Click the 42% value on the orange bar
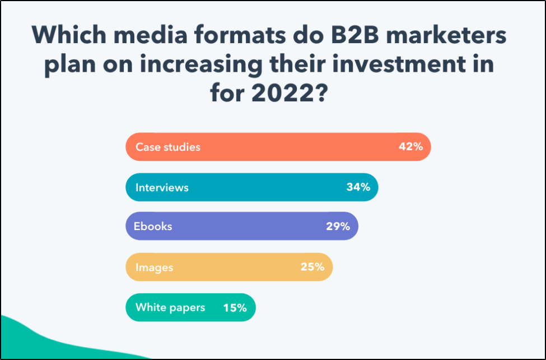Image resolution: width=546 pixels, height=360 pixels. tap(410, 147)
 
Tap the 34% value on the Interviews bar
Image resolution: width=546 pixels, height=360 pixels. tap(358, 187)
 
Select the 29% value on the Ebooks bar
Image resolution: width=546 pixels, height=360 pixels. tap(338, 227)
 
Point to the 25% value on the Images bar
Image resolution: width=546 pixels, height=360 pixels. tap(312, 267)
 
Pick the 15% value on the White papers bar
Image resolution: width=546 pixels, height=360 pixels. tap(235, 307)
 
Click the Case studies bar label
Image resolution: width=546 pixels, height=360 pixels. tap(167, 147)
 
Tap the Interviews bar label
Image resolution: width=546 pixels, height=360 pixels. tap(162, 187)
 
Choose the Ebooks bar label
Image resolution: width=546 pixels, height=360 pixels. tap(153, 227)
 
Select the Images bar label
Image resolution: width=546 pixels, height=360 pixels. tap(154, 267)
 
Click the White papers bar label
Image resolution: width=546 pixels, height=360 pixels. tap(170, 307)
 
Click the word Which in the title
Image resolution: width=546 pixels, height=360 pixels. tap(68, 36)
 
